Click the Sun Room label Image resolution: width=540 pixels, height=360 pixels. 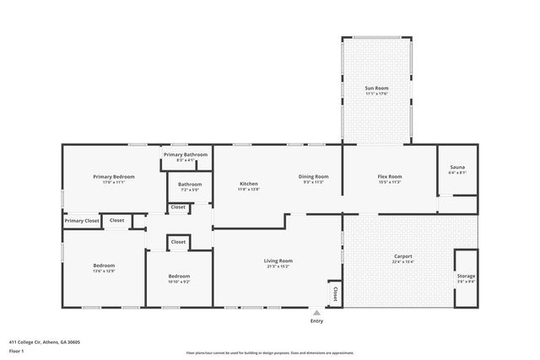click(376, 88)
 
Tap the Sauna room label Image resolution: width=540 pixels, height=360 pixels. click(456, 168)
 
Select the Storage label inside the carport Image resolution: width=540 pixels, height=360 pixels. click(466, 277)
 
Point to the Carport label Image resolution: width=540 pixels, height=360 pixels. click(402, 256)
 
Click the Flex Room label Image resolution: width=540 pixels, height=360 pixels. click(389, 176)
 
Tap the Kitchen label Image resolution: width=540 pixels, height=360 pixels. click(248, 184)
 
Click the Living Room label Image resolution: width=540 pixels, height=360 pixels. click(278, 261)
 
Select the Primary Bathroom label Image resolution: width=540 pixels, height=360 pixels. click(186, 155)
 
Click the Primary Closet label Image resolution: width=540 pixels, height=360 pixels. click(82, 220)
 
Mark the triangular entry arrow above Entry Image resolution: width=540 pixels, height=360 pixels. click(316, 312)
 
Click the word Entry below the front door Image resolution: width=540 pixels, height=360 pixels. click(316, 321)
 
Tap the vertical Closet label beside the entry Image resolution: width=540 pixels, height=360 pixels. click(335, 293)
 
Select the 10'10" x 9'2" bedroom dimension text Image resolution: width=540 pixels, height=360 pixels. click(179, 282)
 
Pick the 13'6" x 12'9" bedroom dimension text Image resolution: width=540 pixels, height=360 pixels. click(104, 271)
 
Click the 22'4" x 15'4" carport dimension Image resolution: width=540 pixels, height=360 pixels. click(402, 262)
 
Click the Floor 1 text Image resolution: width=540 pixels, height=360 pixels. click(16, 351)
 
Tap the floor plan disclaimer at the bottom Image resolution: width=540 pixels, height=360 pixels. click(269, 352)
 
